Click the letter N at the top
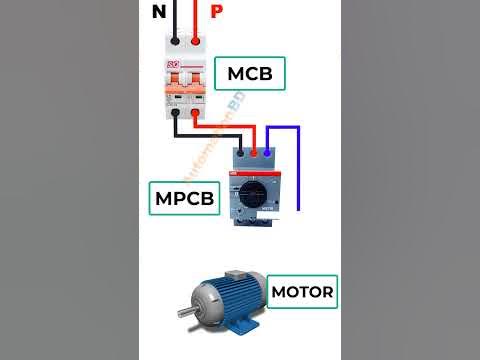tap(159, 11)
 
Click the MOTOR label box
tap(301, 294)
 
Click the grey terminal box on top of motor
tap(239, 275)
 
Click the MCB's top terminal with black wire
tap(176, 43)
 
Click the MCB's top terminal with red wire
tap(197, 43)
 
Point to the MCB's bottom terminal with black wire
tap(176, 113)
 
